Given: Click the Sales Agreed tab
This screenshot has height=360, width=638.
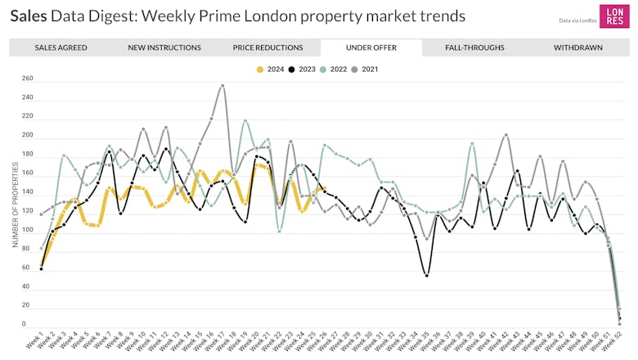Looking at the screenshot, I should [x=61, y=47].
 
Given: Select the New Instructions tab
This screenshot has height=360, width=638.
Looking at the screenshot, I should [x=164, y=47].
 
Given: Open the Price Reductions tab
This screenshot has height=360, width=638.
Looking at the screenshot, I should [x=267, y=47].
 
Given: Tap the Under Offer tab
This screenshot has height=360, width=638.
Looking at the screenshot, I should [x=371, y=47].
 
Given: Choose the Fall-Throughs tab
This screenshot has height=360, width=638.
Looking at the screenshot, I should [x=474, y=47].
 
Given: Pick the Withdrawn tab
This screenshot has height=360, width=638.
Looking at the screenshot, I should [x=577, y=47].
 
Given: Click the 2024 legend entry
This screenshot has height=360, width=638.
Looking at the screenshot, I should [x=270, y=70].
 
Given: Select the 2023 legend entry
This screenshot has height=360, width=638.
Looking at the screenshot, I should [x=302, y=70].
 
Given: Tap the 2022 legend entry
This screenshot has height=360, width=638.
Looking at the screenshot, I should [x=335, y=70].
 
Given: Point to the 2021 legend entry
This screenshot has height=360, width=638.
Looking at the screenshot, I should [x=366, y=70].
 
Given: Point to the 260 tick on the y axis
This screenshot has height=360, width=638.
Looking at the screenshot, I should [x=28, y=79].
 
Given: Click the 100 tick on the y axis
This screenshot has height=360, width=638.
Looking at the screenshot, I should [x=28, y=230].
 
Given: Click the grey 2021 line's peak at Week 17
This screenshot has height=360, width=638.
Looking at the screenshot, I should [x=222, y=85].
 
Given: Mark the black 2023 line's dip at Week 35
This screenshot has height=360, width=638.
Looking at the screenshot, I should [x=427, y=276].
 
